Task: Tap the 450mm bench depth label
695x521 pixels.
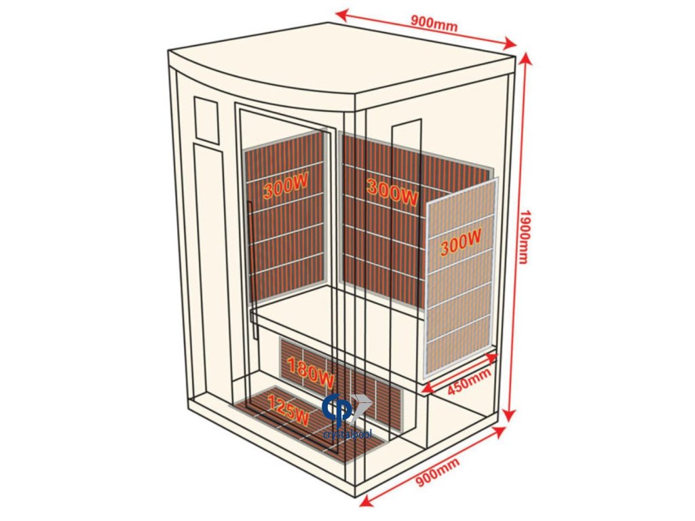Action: click(469, 383)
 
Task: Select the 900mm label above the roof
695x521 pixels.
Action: click(434, 22)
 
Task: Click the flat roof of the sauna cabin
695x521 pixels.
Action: click(339, 58)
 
